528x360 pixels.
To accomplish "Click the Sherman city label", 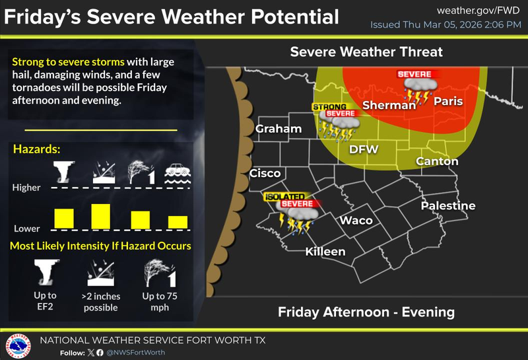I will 389,105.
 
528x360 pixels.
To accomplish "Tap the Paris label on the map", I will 447,101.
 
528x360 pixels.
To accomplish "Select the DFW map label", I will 363,149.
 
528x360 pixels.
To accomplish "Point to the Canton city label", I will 437,161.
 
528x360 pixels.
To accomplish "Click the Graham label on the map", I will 279,129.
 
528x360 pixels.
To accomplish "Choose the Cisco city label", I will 265,174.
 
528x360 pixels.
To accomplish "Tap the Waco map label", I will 356,220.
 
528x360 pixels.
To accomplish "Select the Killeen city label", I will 325,252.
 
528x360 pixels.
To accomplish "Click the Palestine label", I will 448,205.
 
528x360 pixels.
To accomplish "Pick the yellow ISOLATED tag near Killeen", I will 284,196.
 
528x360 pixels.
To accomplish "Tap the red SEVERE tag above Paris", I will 414,74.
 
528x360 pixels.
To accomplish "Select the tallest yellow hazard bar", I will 100,215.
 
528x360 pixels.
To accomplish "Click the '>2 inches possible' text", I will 101,301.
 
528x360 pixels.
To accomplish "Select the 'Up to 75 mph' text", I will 156,301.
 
